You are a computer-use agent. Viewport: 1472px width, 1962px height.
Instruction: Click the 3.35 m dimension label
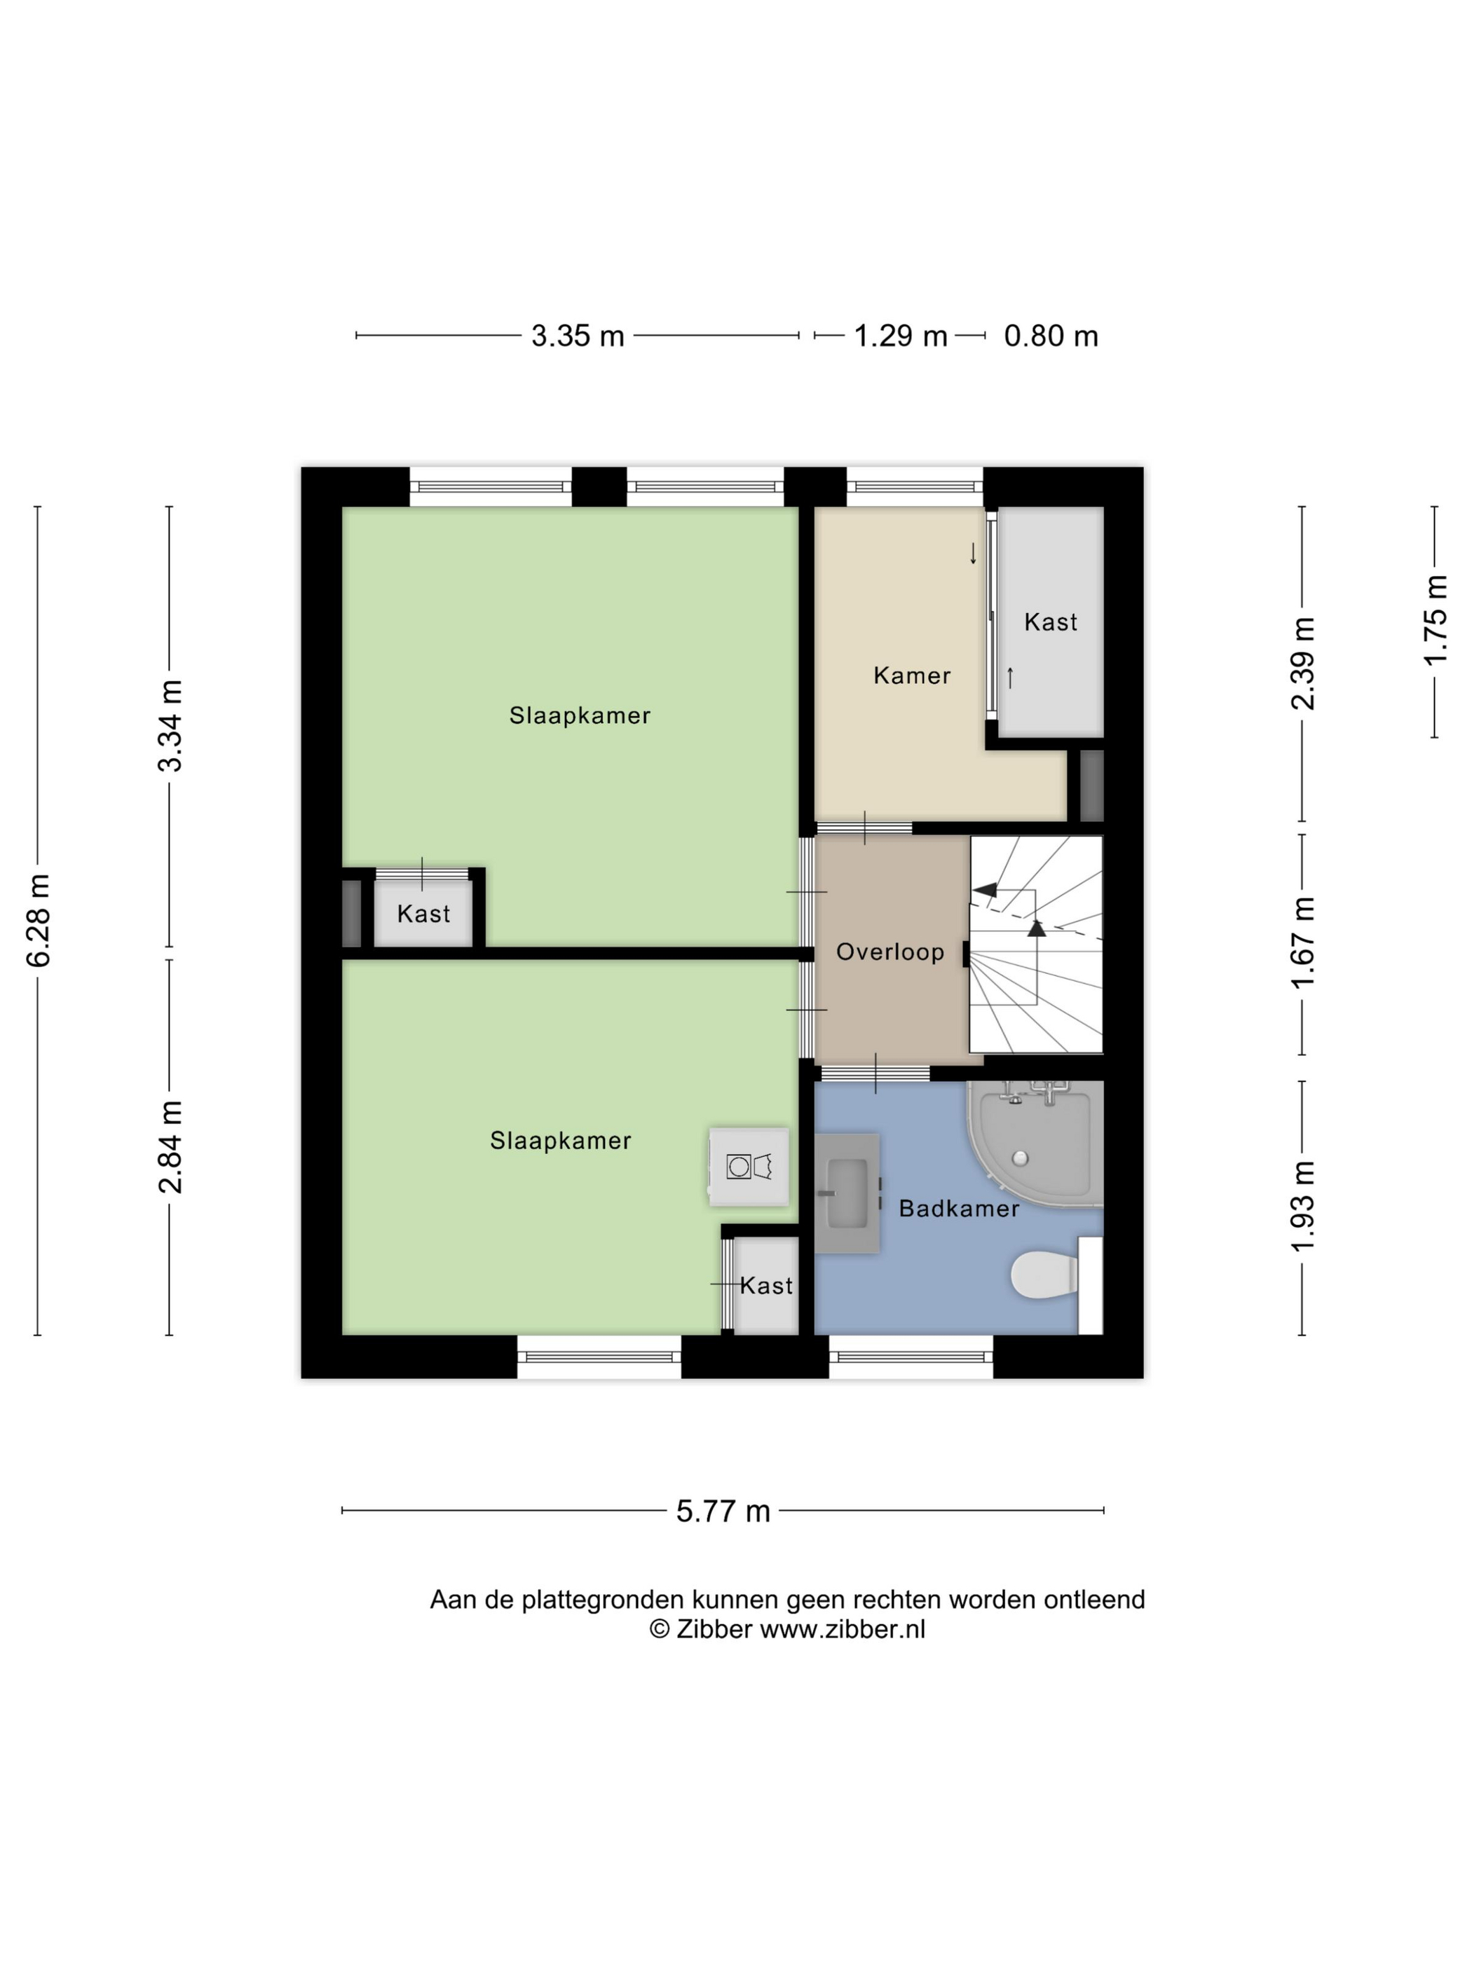tap(578, 336)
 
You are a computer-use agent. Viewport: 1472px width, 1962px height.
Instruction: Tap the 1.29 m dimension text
tap(901, 336)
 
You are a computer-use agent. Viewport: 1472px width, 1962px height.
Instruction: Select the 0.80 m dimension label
tap(1051, 336)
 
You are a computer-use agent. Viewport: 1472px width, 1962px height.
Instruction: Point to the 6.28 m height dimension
tap(38, 920)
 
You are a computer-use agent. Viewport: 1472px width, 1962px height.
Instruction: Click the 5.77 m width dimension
tap(723, 1511)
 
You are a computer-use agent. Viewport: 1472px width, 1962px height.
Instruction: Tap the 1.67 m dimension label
tap(1302, 943)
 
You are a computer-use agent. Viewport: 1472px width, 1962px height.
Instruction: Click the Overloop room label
tap(890, 952)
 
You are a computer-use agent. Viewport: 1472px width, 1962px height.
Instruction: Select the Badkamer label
tap(959, 1208)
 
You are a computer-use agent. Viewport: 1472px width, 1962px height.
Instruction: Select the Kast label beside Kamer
tap(1051, 622)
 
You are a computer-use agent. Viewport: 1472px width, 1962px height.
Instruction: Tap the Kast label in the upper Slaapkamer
tap(423, 914)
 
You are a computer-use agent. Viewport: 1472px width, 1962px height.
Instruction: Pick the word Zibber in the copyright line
tap(714, 1629)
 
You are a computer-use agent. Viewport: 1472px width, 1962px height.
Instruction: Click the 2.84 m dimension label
tap(170, 1146)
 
